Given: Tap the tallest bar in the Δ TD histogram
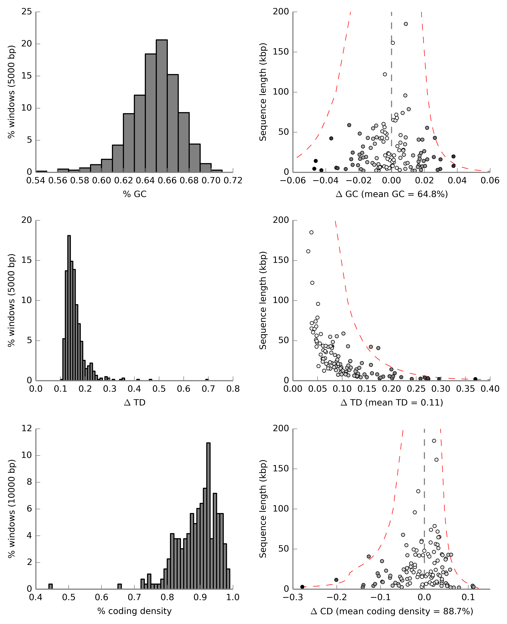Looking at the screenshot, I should coord(69,308).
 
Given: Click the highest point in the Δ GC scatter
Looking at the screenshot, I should coord(406,24).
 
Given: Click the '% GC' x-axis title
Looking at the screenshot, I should coord(135,194).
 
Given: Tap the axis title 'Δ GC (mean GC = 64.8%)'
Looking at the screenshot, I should coord(392,194).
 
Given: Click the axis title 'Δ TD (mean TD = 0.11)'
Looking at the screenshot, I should coord(392,403).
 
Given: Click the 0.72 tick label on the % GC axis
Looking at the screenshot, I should coord(233,181).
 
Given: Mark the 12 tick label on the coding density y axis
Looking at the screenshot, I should coord(27,428).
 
